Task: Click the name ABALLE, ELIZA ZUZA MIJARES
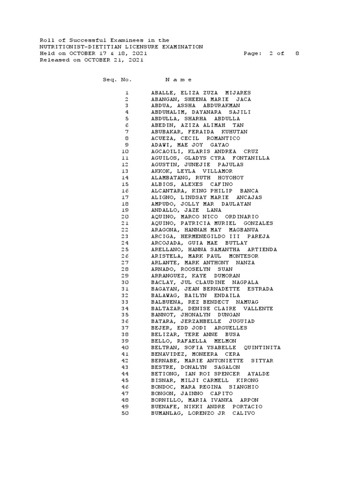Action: (x=201, y=93)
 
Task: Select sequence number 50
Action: (x=125, y=413)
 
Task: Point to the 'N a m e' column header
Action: (x=179, y=80)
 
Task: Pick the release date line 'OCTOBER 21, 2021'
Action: (x=113, y=60)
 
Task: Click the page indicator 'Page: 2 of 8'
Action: (x=271, y=53)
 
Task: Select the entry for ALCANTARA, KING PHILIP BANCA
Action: (x=204, y=191)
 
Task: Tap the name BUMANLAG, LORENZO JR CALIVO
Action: (x=203, y=413)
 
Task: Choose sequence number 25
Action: (x=125, y=250)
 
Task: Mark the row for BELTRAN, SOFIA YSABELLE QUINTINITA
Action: (x=216, y=348)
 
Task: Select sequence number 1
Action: (x=127, y=93)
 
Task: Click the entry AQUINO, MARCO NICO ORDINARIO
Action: (x=204, y=217)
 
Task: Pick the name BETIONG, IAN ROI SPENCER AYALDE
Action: (x=210, y=374)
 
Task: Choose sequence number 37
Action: (x=125, y=328)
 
